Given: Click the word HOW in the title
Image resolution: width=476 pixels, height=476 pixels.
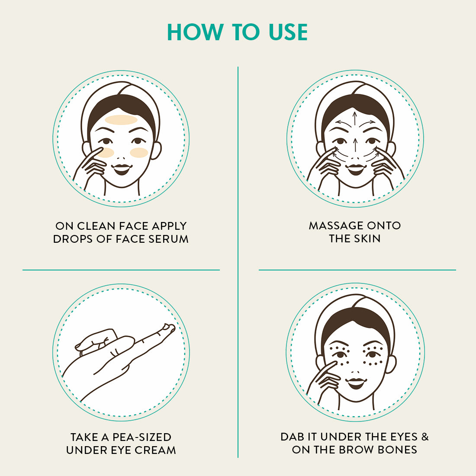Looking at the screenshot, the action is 195,32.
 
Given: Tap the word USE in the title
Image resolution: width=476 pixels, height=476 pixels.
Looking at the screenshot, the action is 288,32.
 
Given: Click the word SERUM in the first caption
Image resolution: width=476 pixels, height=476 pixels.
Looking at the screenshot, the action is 168,239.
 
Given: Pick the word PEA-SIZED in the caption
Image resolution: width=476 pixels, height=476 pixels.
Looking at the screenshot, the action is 142,437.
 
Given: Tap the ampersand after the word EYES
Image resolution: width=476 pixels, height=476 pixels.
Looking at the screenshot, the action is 425,437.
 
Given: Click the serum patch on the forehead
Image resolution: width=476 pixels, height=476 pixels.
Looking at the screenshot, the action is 121,120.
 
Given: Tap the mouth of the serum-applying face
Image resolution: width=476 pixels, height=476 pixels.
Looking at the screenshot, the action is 122,169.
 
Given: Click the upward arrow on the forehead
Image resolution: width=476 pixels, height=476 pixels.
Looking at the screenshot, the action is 354,119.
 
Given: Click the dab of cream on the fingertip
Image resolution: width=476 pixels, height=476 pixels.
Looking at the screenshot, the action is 168,327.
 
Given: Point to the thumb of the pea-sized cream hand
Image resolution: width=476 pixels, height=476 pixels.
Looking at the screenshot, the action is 93,338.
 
